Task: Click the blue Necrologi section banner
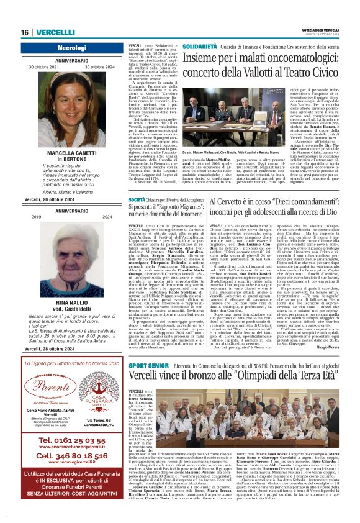coord(63,48)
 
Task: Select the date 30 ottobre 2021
coord(34,66)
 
